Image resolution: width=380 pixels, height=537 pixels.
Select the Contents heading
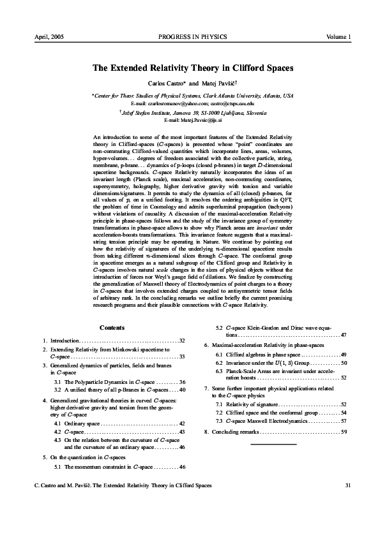coord(112,328)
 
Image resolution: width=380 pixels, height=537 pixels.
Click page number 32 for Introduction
coord(182,341)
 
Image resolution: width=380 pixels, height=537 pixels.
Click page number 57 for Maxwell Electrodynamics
coord(344,422)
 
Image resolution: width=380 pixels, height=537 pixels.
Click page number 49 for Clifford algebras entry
coord(344,354)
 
